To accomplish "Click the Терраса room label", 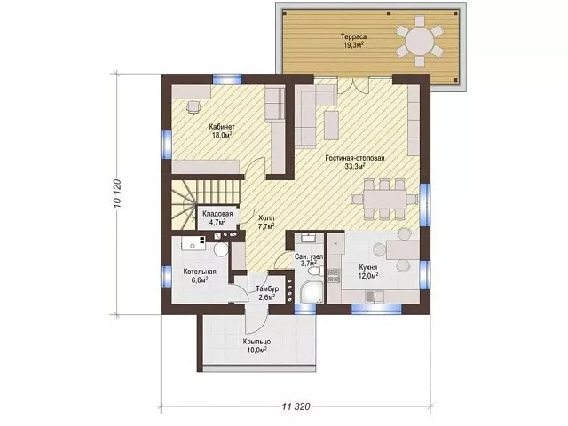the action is point(353,36).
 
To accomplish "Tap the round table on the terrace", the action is point(419,41).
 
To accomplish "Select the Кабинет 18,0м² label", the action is point(222,131).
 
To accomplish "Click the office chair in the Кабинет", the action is point(193,106).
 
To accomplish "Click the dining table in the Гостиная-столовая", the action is point(385,199).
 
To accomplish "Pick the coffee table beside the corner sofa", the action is point(331,125).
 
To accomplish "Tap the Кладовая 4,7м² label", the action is point(217,217).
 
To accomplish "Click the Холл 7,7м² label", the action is point(266,223).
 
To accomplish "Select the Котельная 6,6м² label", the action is point(200,276).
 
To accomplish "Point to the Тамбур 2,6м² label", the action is point(267,293).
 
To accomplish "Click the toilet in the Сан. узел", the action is point(312,271).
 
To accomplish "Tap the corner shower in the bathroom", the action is point(311,293).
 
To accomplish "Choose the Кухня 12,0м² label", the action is point(368,272).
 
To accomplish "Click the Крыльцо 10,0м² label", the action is point(256,345).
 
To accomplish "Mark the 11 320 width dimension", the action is point(296,406).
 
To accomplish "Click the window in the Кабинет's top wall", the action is point(227,79).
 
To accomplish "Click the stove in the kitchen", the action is point(334,275).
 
